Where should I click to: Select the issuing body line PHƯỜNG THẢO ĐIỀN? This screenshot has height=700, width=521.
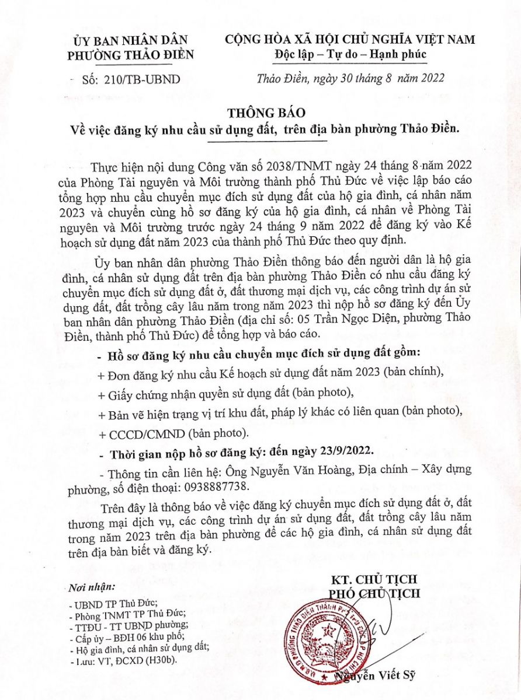click(130, 55)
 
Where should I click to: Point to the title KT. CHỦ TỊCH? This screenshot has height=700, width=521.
click(374, 579)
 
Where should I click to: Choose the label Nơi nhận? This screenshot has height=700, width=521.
click(92, 586)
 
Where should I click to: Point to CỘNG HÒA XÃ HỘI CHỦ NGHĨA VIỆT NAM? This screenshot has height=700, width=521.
click(350, 40)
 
